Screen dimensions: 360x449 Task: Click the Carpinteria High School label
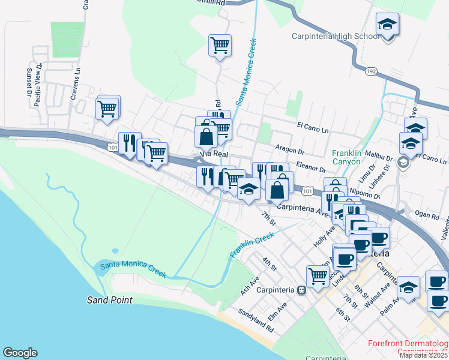click(x=335, y=36)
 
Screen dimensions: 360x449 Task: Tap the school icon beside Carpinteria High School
click(x=388, y=26)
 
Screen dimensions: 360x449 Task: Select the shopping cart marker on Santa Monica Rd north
click(x=220, y=45)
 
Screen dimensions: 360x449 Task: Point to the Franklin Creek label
click(x=252, y=246)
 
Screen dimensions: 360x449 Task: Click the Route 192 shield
click(x=371, y=71)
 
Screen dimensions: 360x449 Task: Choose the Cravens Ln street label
click(x=76, y=86)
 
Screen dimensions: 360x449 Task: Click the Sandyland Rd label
click(x=256, y=321)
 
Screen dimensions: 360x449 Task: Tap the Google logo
click(x=20, y=353)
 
